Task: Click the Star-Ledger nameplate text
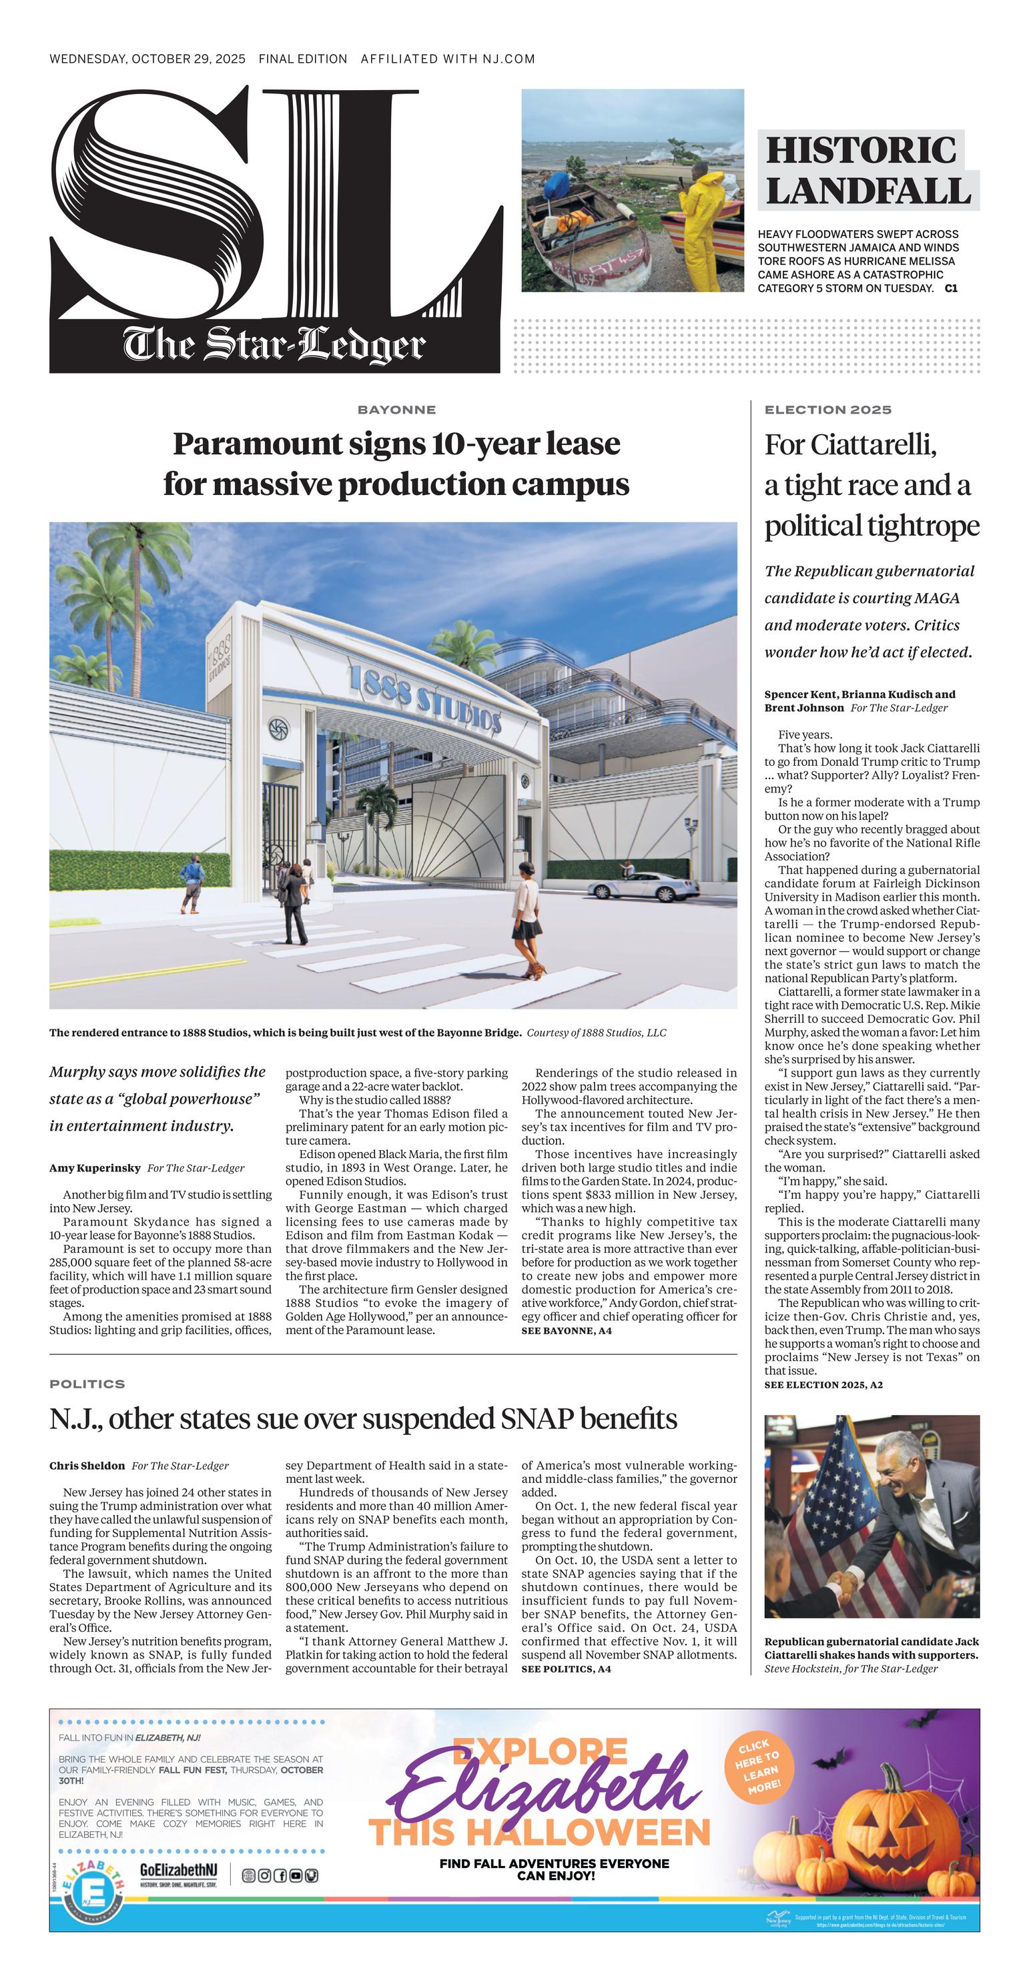(274, 346)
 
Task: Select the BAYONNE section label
(396, 410)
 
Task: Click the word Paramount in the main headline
(256, 444)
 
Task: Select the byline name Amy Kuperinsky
(95, 1168)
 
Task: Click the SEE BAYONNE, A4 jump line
(566, 1331)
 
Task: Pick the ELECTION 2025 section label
(827, 410)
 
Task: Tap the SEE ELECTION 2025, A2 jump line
(823, 1384)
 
